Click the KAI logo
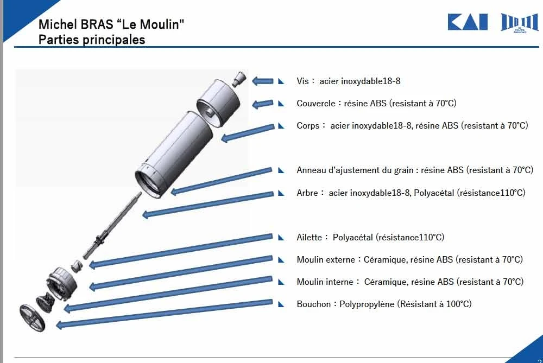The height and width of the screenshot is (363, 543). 468,22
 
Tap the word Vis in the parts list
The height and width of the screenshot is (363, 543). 302,81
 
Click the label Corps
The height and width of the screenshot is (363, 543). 308,125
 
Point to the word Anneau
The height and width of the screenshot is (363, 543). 311,170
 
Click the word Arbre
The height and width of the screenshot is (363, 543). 307,193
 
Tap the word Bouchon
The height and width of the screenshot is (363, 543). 313,304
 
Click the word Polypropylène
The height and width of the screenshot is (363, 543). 368,304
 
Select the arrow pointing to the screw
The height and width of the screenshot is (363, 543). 263,81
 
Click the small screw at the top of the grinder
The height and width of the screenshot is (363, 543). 238,79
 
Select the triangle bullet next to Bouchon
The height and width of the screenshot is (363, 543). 281,304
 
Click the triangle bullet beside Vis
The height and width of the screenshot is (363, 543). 281,81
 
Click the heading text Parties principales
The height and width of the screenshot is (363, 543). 92,40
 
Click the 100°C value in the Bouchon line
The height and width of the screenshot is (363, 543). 458,304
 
